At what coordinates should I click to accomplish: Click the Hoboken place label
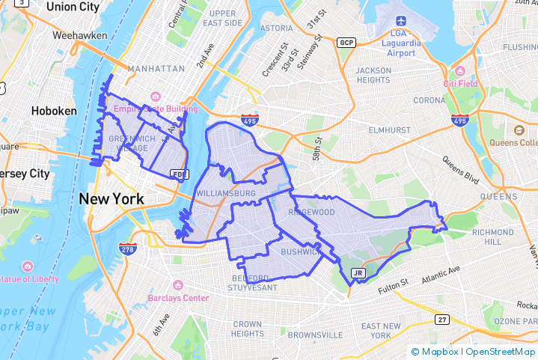pyautogui.click(x=54, y=111)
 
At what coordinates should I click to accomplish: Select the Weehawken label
pyautogui.click(x=78, y=34)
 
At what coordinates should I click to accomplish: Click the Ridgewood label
pyautogui.click(x=311, y=213)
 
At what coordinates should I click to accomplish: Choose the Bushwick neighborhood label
pyautogui.click(x=300, y=252)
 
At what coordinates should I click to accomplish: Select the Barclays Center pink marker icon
pyautogui.click(x=178, y=285)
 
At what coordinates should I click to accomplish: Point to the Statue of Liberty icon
pyautogui.click(x=28, y=266)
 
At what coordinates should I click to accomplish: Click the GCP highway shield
pyautogui.click(x=346, y=42)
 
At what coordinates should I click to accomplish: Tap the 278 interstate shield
pyautogui.click(x=128, y=248)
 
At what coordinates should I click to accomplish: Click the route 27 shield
pyautogui.click(x=443, y=320)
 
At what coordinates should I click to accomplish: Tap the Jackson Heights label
pyautogui.click(x=373, y=75)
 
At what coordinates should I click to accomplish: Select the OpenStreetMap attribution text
pyautogui.click(x=499, y=351)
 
